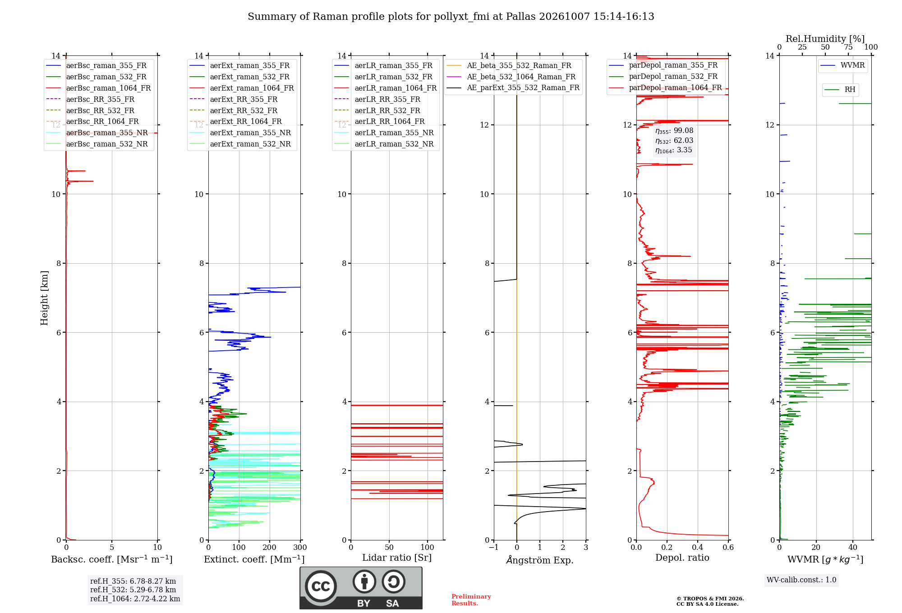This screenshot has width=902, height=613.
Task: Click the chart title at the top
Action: pos(451,17)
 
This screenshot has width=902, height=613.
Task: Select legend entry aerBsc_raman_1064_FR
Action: pos(98,88)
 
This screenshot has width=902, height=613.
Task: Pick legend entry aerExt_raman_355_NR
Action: pos(240,133)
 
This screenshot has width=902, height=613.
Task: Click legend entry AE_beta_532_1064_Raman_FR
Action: pos(511,77)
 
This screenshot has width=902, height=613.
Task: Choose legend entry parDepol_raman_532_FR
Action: pos(663,77)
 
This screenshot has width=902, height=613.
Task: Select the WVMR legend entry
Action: pos(842,65)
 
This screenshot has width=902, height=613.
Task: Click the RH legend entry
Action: pos(840,90)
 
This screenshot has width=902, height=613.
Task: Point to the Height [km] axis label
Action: pos(44,298)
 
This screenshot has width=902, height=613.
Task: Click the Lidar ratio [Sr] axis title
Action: pos(397,558)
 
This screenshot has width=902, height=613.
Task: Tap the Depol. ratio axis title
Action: pos(682,558)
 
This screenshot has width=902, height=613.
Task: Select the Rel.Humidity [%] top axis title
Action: pos(825,39)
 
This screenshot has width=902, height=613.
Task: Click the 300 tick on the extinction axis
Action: pos(300,547)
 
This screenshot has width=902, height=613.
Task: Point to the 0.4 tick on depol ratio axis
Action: pos(698,547)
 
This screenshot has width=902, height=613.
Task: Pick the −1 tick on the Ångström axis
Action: pos(494,547)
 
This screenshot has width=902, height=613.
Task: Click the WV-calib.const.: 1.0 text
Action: pos(801,580)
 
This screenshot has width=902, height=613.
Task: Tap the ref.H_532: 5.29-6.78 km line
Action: pos(133,590)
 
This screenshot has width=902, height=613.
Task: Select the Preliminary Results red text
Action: pos(471,600)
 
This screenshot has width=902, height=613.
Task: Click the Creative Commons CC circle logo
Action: pos(321,586)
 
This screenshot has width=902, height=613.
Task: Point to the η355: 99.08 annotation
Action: pos(674,131)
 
